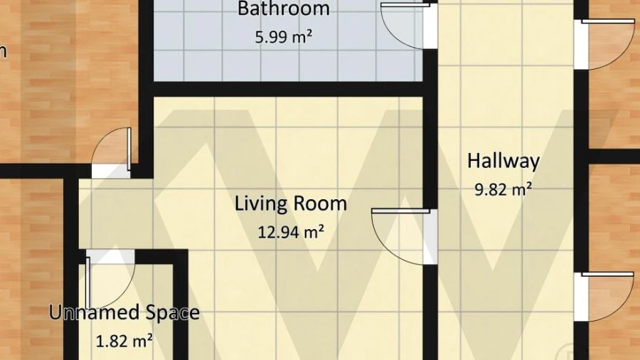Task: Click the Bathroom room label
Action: coord(284,9)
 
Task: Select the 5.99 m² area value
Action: coord(284,37)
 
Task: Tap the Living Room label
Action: coord(291,203)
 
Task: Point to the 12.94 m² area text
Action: coord(291,232)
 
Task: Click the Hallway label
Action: coord(503,161)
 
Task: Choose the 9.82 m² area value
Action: coord(503,189)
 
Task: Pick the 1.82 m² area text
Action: coord(124,340)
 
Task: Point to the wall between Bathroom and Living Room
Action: coord(288,89)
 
